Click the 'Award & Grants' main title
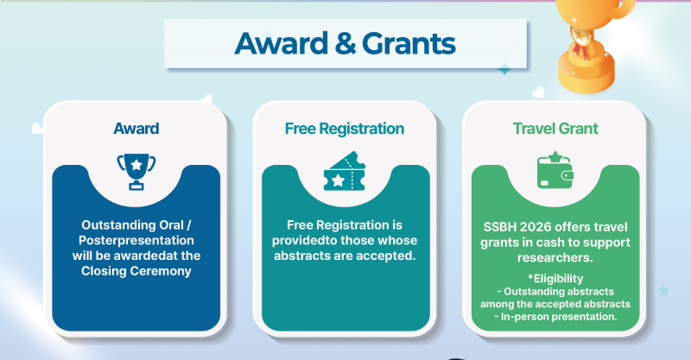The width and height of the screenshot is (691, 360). [x=345, y=43]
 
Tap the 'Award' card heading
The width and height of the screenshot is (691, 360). [x=136, y=129]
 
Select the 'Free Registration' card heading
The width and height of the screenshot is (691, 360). [x=345, y=129]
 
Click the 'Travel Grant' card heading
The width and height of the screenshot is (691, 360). [x=555, y=129]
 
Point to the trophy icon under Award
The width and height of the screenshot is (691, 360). [x=136, y=171]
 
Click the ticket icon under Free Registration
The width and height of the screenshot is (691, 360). [x=345, y=171]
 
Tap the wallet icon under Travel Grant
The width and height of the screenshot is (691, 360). [x=555, y=171]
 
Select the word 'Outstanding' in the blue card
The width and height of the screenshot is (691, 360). [x=108, y=224]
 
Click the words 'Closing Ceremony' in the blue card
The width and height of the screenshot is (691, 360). [x=136, y=271]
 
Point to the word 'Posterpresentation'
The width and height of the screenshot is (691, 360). [x=136, y=240]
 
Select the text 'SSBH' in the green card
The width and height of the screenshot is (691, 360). [x=501, y=225]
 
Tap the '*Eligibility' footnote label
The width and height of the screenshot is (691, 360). [x=554, y=279]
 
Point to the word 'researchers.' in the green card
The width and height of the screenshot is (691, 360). [x=554, y=256]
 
